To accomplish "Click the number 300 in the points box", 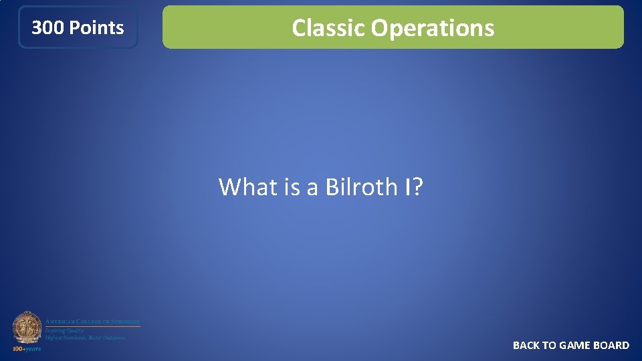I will [47, 27].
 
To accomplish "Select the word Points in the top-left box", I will [96, 27].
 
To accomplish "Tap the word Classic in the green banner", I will [328, 28].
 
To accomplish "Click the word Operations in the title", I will [433, 28].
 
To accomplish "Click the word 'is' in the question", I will [292, 187].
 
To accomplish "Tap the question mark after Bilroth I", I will [418, 187].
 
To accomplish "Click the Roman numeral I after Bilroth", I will [408, 187].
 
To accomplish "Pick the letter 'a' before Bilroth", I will [312, 188].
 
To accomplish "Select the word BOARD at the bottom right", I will [612, 346].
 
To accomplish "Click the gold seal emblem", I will [27, 328].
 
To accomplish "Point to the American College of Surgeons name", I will [92, 322].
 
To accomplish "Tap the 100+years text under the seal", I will [27, 348].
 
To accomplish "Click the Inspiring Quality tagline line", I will [64, 330].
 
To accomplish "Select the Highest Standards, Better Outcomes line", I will [85, 338].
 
